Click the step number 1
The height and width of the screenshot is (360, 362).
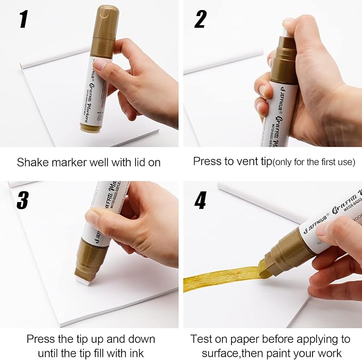[23, 20]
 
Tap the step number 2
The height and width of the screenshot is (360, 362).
[200, 20]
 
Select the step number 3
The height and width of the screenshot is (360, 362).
[24, 200]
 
